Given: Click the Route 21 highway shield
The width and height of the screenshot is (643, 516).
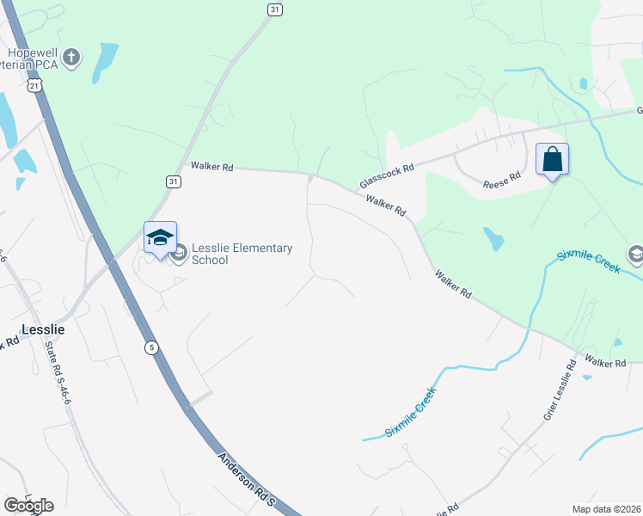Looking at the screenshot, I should [34, 86].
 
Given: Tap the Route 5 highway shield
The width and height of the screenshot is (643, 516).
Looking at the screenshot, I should [151, 347].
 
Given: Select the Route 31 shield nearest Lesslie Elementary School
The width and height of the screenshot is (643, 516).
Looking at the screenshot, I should [173, 181].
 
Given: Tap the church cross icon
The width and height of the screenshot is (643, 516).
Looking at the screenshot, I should [72, 58].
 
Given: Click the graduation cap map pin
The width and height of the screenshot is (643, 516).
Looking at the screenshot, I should [160, 238].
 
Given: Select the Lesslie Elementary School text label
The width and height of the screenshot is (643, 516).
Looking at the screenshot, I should [242, 254].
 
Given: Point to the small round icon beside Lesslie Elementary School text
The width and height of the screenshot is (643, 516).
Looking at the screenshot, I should [181, 254].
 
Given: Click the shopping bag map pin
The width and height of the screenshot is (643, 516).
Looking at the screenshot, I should [552, 160].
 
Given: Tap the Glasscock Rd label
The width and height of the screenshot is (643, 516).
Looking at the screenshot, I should [387, 177].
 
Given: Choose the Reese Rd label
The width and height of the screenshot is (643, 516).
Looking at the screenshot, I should [502, 181].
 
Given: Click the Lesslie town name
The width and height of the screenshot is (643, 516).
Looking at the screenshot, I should [42, 329].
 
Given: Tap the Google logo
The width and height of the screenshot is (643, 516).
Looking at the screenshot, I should [28, 505].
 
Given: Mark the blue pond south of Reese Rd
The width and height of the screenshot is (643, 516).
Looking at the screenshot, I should [493, 238].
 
